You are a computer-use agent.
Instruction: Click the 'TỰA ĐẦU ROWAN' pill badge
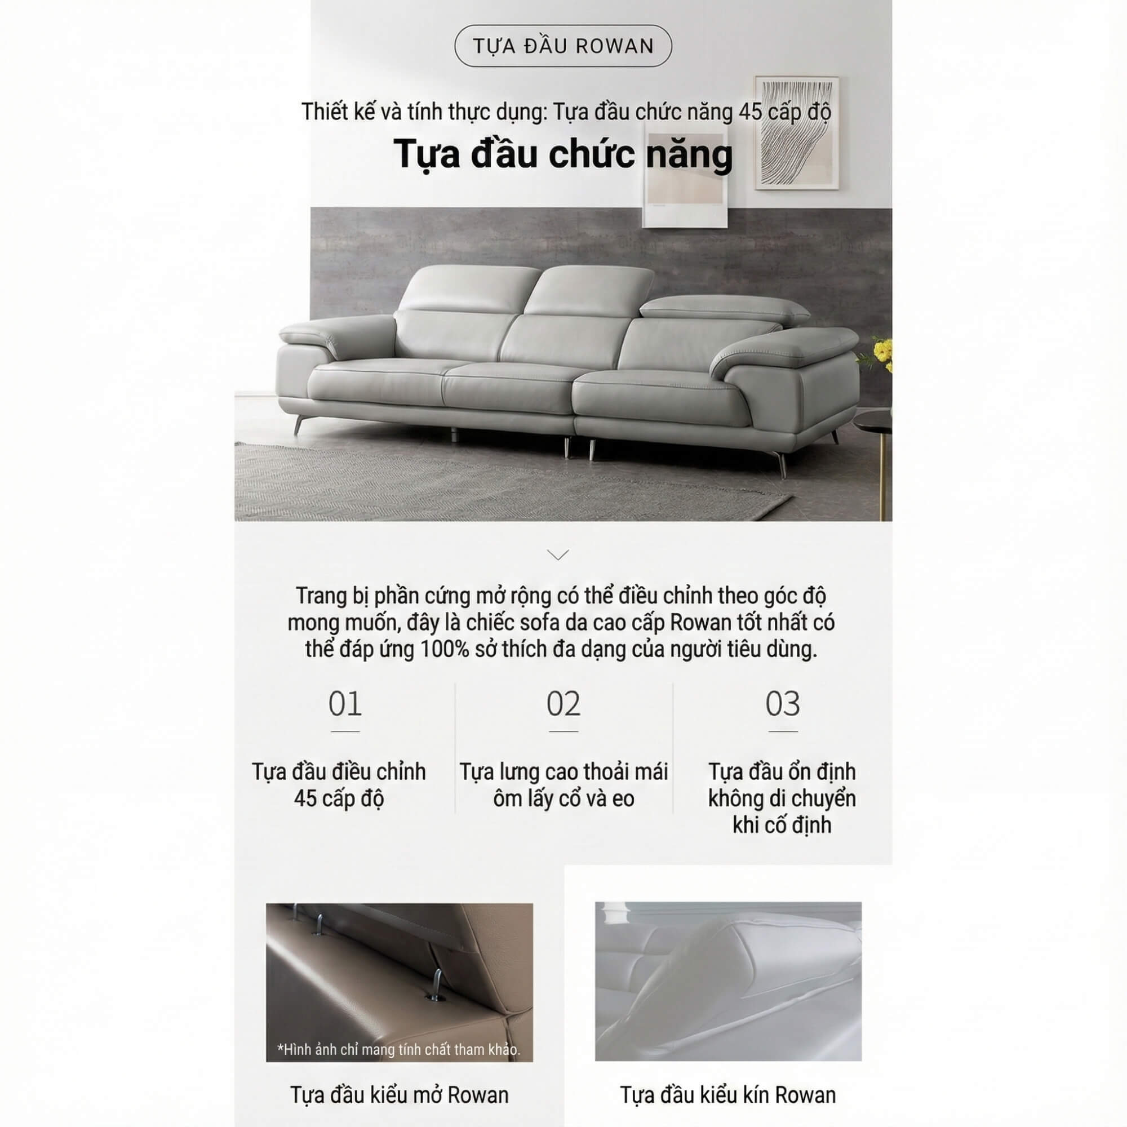563,46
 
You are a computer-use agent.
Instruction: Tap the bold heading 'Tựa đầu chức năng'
563,154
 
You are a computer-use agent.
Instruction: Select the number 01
345,704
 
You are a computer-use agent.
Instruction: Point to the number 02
563,704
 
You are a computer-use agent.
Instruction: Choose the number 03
782,704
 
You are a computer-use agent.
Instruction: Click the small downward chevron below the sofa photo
558,554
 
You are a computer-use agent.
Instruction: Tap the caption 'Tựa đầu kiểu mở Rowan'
399,1095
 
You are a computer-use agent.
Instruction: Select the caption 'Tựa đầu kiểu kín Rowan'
727,1095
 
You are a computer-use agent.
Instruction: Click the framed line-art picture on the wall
797,132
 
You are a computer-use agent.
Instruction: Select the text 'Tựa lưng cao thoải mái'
563,772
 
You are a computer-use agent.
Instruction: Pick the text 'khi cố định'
782,826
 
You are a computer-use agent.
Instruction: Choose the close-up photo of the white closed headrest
727,981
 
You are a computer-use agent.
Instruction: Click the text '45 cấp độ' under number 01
338,798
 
